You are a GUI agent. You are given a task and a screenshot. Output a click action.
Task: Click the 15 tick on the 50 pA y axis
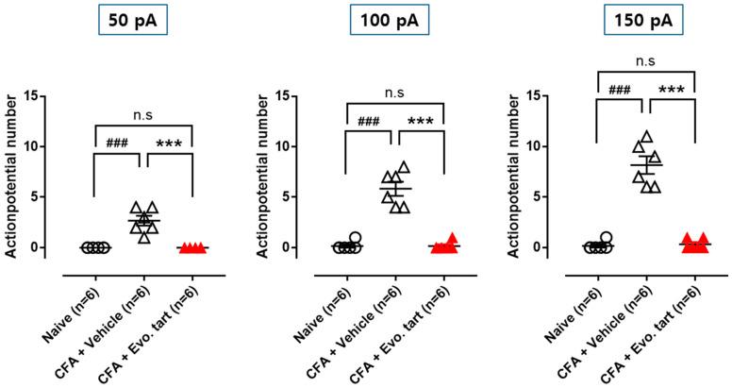click(x=58, y=96)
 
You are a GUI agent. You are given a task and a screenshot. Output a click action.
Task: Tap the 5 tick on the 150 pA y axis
click(x=565, y=197)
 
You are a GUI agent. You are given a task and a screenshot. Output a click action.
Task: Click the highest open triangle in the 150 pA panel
click(x=645, y=137)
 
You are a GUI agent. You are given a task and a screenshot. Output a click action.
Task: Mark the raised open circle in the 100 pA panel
click(x=355, y=238)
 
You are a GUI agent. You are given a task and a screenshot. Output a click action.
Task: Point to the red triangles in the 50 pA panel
click(x=192, y=247)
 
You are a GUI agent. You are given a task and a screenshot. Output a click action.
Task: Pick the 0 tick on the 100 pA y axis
click(x=313, y=247)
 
